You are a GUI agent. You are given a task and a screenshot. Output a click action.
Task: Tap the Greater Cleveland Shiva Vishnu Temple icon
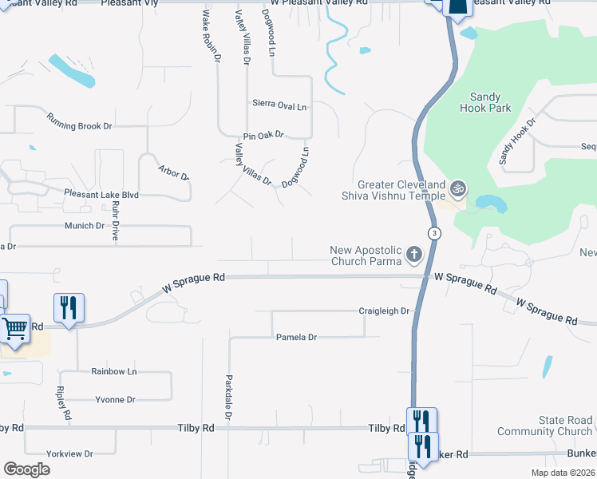[457, 189]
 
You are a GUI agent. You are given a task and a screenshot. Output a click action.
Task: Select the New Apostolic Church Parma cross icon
[413, 255]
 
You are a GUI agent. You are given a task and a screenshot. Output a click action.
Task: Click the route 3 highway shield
[433, 233]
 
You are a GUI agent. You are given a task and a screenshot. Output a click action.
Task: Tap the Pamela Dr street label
[296, 338]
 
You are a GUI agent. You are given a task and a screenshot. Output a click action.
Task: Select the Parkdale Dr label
[228, 397]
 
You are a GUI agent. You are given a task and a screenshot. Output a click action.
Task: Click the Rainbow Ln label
[113, 371]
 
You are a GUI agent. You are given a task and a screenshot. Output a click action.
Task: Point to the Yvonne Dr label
[115, 399]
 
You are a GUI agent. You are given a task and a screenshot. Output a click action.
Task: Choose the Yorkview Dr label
[70, 453]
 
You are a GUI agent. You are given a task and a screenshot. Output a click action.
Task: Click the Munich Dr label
[85, 226]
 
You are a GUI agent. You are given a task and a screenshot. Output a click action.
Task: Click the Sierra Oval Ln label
[279, 105]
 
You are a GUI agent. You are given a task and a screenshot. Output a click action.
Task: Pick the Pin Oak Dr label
[264, 136]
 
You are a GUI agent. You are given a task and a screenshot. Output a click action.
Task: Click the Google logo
[26, 469]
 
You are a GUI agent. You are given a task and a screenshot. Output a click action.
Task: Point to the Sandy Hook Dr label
[517, 140]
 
